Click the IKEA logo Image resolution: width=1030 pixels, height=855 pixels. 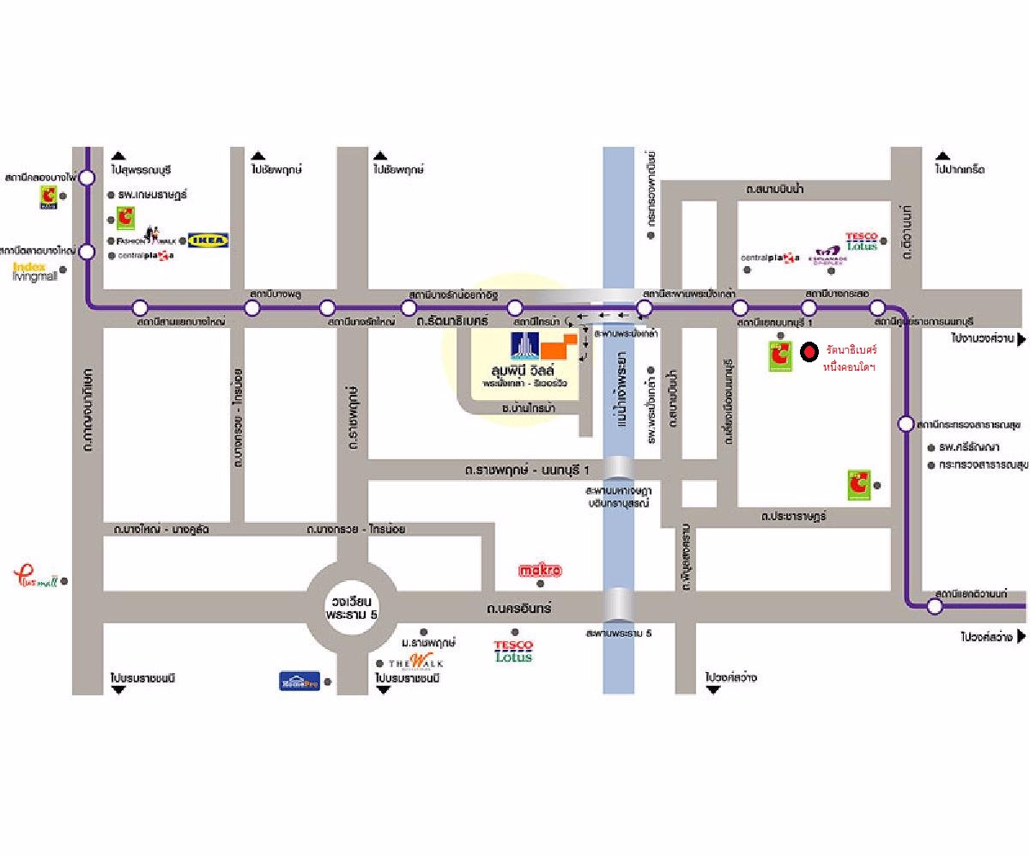(x=208, y=240)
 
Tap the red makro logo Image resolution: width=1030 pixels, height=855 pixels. (x=540, y=570)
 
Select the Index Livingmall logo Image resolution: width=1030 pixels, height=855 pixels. (x=34, y=272)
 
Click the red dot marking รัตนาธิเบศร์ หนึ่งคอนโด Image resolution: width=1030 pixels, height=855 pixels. (x=808, y=352)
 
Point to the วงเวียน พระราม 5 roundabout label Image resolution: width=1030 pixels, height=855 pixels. (x=352, y=608)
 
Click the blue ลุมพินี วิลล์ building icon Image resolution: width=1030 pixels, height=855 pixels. (x=524, y=345)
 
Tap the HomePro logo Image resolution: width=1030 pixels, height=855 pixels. (x=300, y=681)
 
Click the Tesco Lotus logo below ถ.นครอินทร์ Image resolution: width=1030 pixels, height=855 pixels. (x=513, y=651)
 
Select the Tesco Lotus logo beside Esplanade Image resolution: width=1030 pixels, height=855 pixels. (x=861, y=241)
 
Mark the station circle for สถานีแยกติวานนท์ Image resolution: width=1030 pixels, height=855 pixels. (x=935, y=606)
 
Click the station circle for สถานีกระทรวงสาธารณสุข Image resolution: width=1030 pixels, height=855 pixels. (x=906, y=423)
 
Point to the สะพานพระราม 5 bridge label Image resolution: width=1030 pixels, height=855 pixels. (x=619, y=634)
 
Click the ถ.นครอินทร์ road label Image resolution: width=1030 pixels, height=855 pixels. (x=518, y=609)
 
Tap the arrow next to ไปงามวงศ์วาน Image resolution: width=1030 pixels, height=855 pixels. (x=1021, y=339)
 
